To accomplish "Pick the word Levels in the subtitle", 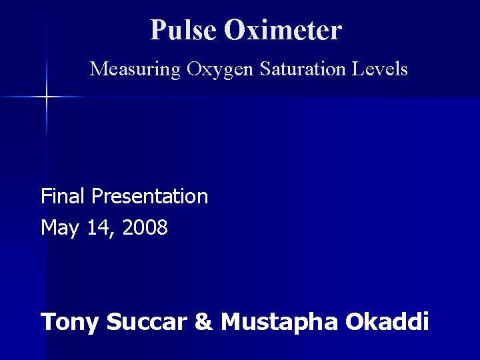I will pos(381,69).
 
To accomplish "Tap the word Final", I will pos(63,196).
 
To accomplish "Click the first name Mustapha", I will pos(280,323).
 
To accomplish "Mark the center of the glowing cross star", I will pos(47,97).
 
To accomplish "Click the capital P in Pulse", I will pos(158,29).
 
